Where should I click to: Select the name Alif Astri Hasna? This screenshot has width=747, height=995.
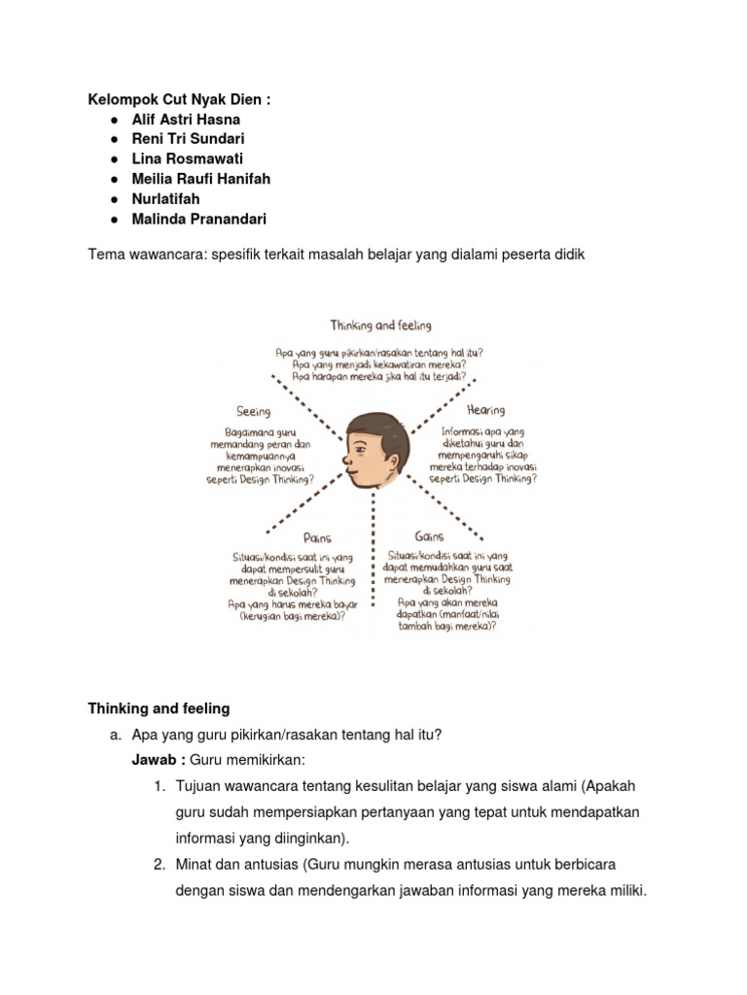point(186,120)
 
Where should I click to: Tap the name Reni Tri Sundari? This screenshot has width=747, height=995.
point(188,139)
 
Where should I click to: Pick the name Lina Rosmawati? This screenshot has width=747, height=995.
point(187,159)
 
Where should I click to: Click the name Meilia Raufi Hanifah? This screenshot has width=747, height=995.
point(200,179)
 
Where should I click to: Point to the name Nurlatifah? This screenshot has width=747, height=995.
point(166,199)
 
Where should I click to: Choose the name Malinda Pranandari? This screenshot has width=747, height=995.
point(198,219)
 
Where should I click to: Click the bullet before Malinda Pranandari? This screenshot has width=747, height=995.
point(115,219)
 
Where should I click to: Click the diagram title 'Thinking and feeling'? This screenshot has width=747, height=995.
point(380,325)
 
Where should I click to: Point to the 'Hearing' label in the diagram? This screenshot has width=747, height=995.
point(485,410)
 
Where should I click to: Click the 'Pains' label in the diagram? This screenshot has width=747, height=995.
point(318,536)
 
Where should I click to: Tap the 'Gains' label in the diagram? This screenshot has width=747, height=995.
point(429,535)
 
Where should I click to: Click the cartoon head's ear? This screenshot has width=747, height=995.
point(382,456)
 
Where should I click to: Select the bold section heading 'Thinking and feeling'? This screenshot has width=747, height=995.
point(159,707)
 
